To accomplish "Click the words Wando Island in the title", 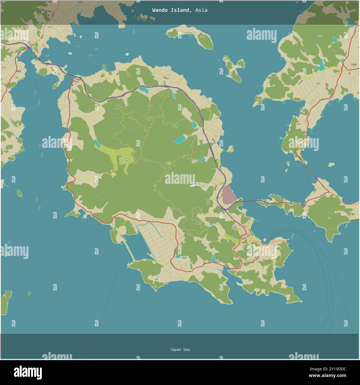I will point(171,10).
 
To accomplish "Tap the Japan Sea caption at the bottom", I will point(180,350).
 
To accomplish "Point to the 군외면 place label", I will point(114,117).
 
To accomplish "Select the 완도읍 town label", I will point(192,221).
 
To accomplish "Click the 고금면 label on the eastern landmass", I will point(354,64).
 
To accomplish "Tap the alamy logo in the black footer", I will point(28,372).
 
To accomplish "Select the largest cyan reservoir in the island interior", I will point(180,139).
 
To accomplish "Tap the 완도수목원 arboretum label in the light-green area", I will point(127,159).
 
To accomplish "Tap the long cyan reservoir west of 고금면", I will point(320,65).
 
